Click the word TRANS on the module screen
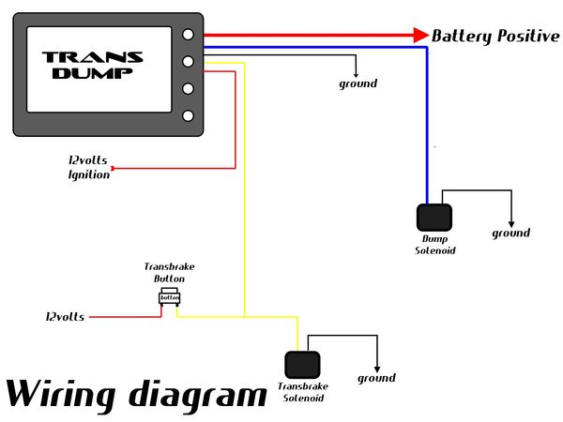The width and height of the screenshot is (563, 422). click(x=93, y=57)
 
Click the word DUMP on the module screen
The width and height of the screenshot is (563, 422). click(x=93, y=73)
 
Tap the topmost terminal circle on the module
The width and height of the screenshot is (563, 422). click(x=189, y=35)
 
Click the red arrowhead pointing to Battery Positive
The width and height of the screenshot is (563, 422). click(x=419, y=35)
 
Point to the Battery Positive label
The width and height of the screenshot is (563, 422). click(x=495, y=36)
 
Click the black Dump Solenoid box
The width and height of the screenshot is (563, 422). click(x=434, y=218)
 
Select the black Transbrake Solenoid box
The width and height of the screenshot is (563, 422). click(x=301, y=364)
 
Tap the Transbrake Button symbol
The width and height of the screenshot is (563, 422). click(x=169, y=298)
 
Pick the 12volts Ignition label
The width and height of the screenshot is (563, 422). click(x=88, y=167)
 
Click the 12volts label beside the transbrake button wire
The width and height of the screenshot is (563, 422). click(x=65, y=317)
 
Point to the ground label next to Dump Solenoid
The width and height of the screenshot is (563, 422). click(x=511, y=234)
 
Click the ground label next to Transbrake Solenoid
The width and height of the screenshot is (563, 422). click(x=377, y=379)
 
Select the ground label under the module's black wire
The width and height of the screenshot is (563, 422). click(x=358, y=83)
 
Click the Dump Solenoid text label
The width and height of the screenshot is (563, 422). click(x=434, y=245)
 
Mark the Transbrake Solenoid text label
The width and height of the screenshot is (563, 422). click(x=301, y=392)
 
